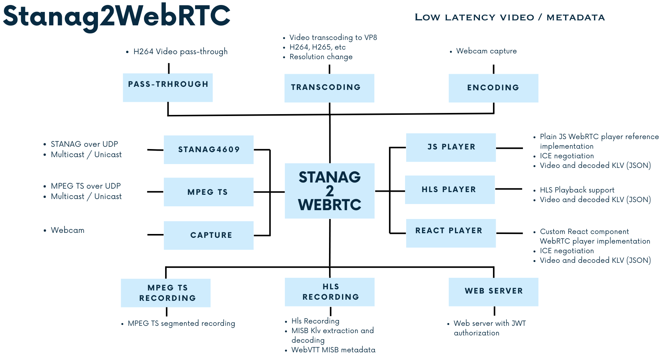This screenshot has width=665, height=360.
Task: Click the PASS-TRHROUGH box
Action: [x=168, y=88]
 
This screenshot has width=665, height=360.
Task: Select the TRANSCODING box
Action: [x=329, y=88]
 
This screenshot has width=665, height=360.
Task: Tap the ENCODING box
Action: [x=493, y=88]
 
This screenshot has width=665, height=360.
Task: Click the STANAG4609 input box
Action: [x=208, y=149]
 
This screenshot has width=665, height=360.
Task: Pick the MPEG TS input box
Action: [x=208, y=192]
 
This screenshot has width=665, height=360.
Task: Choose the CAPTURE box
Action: [x=208, y=235]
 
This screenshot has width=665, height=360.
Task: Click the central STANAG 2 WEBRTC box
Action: [x=329, y=191]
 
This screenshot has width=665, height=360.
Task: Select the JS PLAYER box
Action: [x=451, y=147]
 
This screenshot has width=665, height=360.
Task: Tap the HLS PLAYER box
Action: [x=450, y=189]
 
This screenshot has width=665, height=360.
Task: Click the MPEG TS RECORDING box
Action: [x=165, y=293]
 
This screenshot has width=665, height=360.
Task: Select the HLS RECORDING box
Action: [x=329, y=292]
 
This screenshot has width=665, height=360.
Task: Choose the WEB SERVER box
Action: [x=493, y=292]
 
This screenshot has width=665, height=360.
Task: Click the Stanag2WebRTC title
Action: [x=116, y=16]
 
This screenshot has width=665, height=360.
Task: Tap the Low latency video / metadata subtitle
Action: [x=510, y=18]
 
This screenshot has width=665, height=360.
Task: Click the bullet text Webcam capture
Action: [x=486, y=51]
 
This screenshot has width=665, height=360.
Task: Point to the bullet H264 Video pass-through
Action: [x=180, y=51]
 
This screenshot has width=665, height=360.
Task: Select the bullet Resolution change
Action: [x=321, y=57]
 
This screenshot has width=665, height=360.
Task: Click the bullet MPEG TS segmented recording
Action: [x=181, y=324]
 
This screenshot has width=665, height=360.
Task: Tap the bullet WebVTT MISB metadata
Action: [x=333, y=350]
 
